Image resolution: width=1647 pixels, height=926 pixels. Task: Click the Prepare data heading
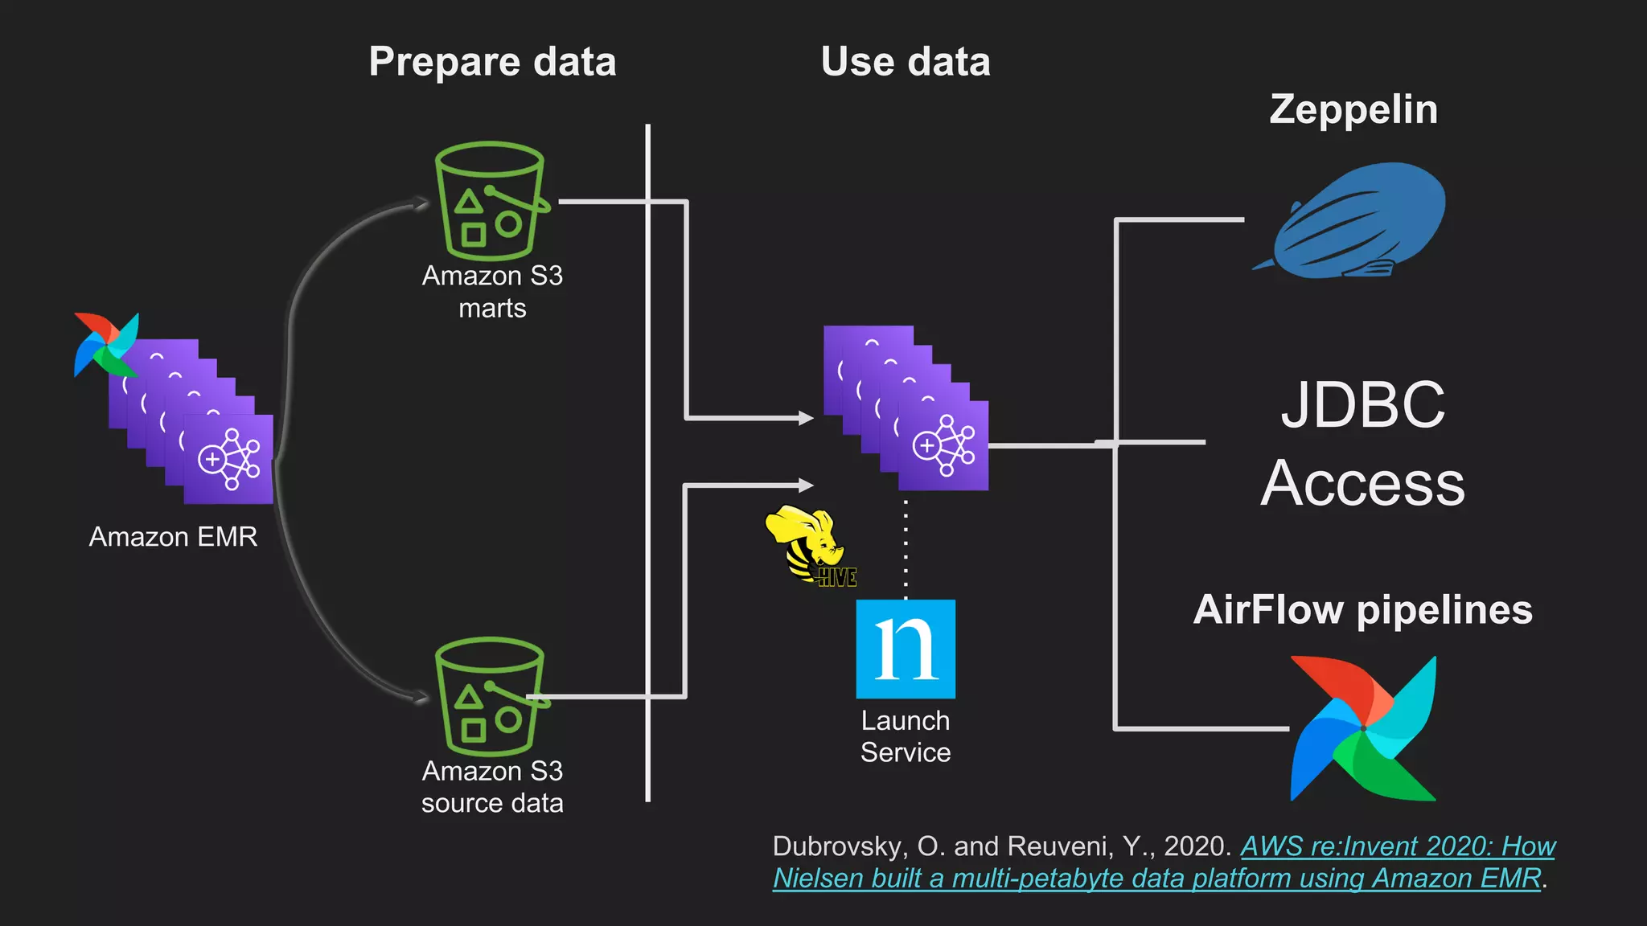492,62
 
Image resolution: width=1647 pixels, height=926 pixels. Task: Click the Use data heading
906,62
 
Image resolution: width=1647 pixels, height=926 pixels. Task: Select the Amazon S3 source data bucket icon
490,697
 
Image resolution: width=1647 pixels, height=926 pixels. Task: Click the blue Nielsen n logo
906,649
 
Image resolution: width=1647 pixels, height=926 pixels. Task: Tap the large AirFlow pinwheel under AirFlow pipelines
1363,728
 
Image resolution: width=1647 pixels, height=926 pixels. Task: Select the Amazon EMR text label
173,536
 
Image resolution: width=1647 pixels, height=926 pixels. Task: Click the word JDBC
1362,404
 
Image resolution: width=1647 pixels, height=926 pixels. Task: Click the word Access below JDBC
1362,483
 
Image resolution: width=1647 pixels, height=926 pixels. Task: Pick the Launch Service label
906,736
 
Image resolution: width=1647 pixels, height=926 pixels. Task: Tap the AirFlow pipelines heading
1362,609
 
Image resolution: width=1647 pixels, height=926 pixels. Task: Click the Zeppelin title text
1353,109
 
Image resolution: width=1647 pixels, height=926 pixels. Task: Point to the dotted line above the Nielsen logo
906,547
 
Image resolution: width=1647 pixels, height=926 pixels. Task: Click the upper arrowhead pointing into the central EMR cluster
806,418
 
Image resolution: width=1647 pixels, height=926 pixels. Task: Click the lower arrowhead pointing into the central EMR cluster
806,485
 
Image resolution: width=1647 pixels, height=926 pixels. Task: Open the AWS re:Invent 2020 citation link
1398,846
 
